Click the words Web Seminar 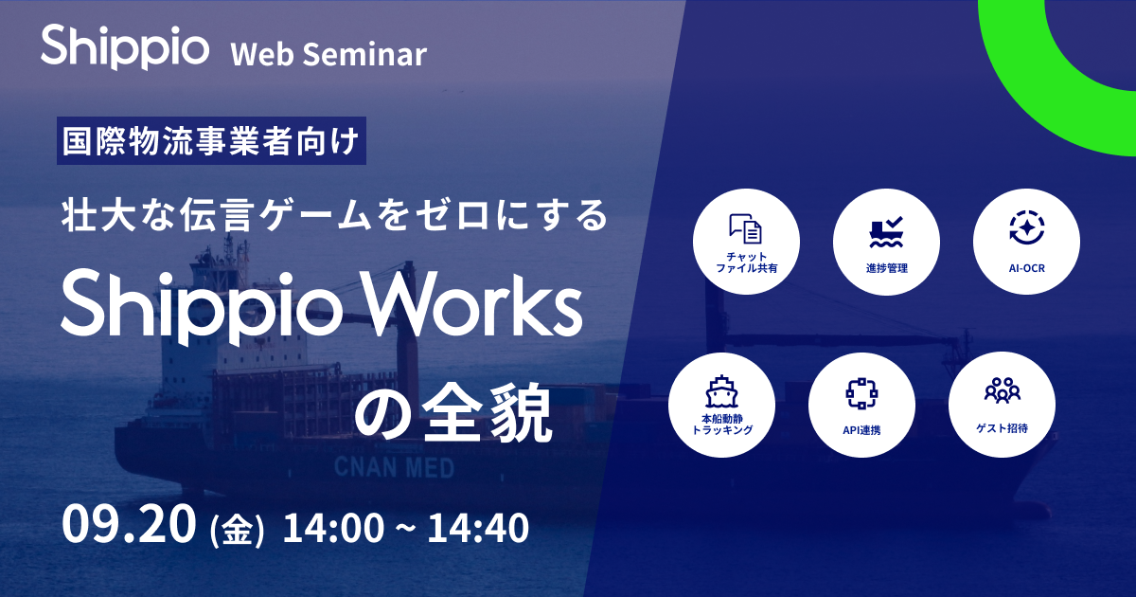[x=328, y=54]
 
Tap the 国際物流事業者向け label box [x=210, y=142]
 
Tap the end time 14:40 [x=477, y=528]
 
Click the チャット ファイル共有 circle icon [x=747, y=243]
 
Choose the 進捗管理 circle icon [x=886, y=243]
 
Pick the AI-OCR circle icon [x=1026, y=243]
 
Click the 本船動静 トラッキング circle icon [x=722, y=406]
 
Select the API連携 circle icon [x=861, y=406]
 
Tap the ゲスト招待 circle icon [x=1002, y=406]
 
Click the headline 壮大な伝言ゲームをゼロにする [x=332, y=216]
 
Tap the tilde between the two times [x=403, y=529]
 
